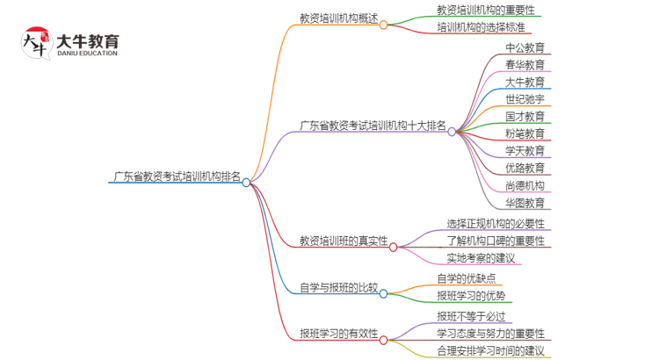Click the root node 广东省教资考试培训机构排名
176,175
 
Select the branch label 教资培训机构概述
338,17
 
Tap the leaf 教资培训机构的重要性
485,10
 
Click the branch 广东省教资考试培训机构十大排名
373,125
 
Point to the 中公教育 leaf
525,47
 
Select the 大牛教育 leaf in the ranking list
525,82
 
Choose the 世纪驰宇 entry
525,99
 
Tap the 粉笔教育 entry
525,133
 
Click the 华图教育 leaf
525,203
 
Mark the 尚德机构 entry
525,185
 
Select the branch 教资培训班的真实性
343,240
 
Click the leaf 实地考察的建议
482,258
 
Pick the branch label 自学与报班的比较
338,286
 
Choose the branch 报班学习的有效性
338,333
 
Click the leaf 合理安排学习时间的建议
491,351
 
